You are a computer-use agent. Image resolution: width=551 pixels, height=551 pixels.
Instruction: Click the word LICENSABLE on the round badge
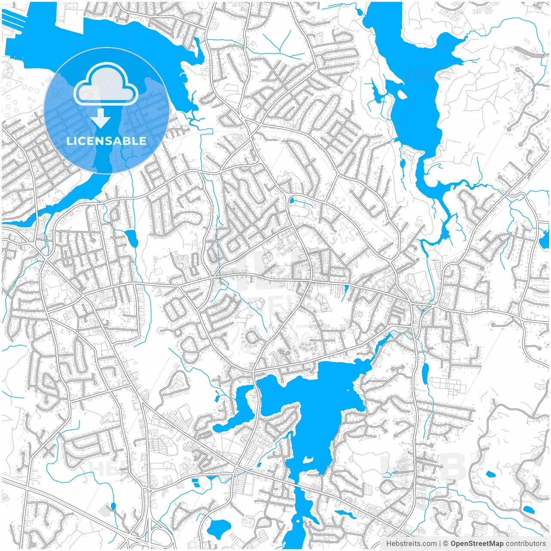[x=106, y=141]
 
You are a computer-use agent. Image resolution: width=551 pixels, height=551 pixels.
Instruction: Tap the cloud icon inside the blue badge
[x=106, y=84]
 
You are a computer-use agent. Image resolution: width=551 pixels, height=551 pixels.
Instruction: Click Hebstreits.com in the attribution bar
[x=411, y=544]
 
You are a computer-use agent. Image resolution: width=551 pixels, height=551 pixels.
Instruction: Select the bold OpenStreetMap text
[x=477, y=544]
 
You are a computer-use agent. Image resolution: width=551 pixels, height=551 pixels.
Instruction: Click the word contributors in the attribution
[x=526, y=544]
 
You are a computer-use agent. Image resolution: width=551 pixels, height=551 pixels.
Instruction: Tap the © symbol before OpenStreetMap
[x=446, y=544]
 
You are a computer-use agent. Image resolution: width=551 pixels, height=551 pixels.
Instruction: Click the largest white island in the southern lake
[x=307, y=461]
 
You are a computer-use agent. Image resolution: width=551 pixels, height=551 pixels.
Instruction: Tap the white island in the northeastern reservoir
[x=402, y=94]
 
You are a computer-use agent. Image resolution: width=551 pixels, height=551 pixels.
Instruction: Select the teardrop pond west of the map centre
[x=131, y=238]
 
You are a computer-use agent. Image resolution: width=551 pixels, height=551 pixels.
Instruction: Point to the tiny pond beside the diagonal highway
[x=113, y=506]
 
